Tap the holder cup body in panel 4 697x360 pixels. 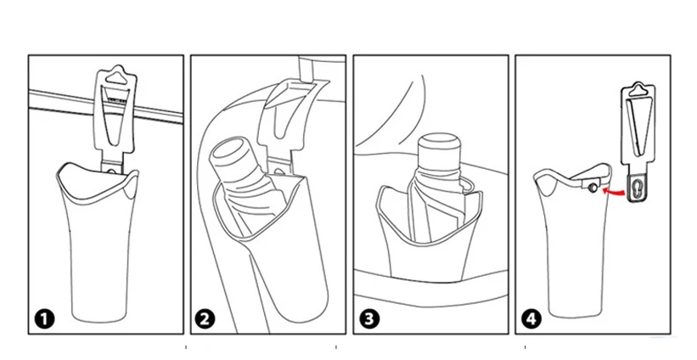point(569,255)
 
